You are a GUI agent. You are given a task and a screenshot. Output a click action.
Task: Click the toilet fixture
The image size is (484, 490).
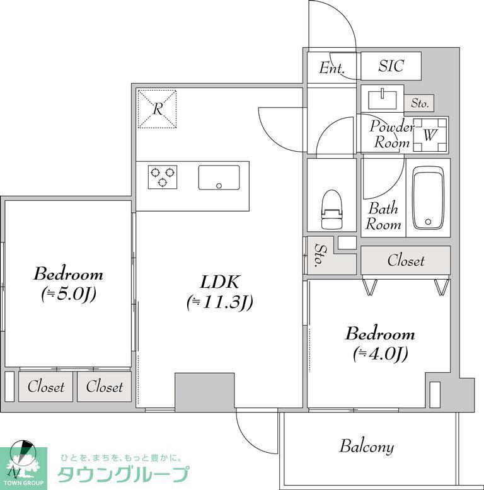click(x=331, y=209)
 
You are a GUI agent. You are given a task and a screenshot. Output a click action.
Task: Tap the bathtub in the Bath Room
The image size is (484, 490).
click(x=428, y=198)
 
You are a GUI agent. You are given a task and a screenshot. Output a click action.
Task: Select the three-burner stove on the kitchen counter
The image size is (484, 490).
click(x=162, y=177)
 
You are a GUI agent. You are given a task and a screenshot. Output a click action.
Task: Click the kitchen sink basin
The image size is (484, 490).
click(x=219, y=177)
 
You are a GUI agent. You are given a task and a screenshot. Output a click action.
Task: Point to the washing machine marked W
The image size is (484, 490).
click(x=430, y=135)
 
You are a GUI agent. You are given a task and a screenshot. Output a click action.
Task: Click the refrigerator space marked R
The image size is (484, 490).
click(x=158, y=109)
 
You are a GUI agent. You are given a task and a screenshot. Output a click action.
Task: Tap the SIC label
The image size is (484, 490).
click(x=391, y=66)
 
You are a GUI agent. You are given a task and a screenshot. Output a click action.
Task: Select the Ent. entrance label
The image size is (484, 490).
click(x=331, y=68)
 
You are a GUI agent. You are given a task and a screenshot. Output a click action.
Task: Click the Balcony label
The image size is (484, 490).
click(x=366, y=447)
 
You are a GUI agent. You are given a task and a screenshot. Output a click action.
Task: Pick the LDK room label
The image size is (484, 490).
click(x=219, y=282)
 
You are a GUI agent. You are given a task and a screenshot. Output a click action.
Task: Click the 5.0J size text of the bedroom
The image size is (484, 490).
click(x=69, y=294)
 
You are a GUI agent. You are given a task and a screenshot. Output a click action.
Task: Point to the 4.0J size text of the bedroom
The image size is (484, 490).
click(x=381, y=354)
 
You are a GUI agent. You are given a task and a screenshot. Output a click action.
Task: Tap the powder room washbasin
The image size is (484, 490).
click(x=383, y=100)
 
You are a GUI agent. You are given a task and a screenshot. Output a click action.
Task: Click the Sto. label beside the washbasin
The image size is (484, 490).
click(x=419, y=103)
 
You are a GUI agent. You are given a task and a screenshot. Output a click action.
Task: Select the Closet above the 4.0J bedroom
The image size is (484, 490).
click(x=405, y=260)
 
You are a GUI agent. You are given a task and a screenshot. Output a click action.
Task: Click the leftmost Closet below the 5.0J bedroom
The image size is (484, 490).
click(x=45, y=387)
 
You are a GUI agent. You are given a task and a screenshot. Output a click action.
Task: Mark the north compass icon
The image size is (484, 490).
click(x=21, y=457)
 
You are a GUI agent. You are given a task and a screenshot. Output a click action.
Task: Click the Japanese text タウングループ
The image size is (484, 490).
click(x=124, y=474)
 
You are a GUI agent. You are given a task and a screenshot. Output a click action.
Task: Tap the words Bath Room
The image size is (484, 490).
click(x=383, y=216)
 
